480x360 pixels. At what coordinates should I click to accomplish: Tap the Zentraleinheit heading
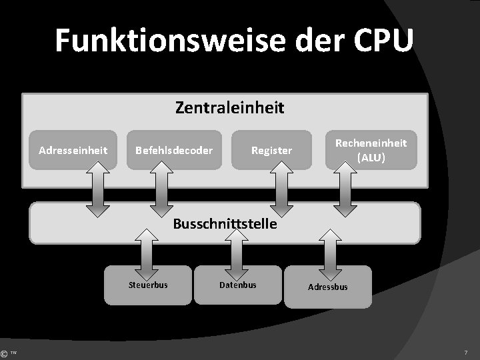pos(229,107)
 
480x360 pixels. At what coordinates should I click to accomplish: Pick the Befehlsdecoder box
pos(173,150)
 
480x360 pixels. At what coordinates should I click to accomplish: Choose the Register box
pos(271,150)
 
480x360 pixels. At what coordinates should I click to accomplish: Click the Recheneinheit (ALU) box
pos(371,150)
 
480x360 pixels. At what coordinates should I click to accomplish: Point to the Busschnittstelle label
pos(225,224)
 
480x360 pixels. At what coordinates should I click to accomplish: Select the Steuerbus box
pos(147,285)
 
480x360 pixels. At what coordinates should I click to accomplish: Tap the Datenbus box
pos(238,285)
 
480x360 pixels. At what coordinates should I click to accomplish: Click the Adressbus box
pos(327,287)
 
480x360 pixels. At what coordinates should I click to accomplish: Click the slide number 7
pos(466,351)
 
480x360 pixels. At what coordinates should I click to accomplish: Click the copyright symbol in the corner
pos(5,353)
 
